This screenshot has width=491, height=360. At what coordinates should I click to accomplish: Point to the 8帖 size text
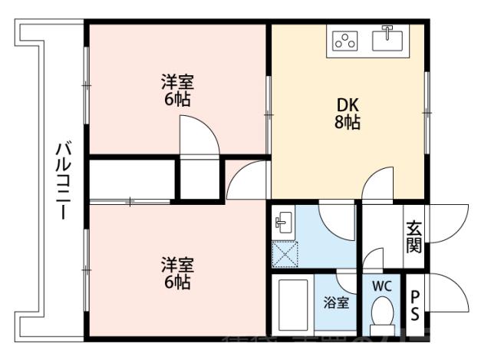(347, 122)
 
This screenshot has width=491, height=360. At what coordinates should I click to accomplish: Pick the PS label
(415, 305)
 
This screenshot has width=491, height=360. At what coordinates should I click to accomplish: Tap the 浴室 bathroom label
(334, 302)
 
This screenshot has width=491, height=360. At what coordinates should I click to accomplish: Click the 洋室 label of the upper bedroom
(177, 81)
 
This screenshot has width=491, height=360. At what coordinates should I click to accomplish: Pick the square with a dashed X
(285, 254)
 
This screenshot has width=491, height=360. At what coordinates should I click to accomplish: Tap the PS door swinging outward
(449, 292)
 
